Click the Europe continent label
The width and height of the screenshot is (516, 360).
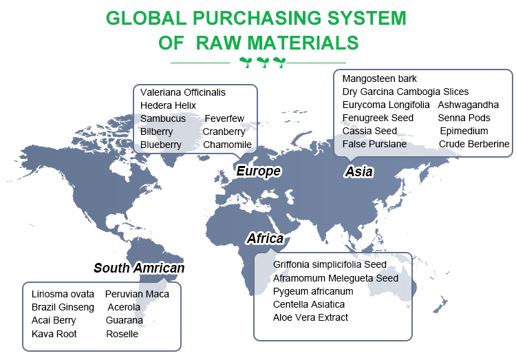[258, 171]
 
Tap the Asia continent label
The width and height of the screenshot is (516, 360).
[358, 171]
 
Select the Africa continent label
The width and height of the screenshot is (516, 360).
[266, 238]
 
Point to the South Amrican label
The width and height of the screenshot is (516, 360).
[139, 268]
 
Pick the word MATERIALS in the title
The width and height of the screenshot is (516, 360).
[303, 43]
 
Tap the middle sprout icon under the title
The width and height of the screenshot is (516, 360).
[263, 62]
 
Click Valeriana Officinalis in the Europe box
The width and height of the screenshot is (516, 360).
[182, 92]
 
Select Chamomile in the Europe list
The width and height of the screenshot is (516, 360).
[227, 145]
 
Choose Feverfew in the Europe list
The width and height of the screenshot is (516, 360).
[224, 118]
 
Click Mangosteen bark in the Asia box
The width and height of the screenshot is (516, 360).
[379, 78]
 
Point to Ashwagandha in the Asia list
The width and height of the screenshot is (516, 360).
[468, 105]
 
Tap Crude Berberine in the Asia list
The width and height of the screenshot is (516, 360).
[474, 144]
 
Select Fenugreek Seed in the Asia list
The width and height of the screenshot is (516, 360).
[378, 118]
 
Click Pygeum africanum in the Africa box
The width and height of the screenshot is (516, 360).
[313, 291]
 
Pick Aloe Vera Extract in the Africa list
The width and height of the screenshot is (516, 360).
[310, 317]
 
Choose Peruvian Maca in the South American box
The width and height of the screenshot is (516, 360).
[137, 294]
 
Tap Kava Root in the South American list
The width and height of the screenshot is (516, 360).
[54, 334]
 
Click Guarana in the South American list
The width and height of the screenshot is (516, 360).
[124, 320]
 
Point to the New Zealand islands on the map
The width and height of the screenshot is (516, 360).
[440, 304]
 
